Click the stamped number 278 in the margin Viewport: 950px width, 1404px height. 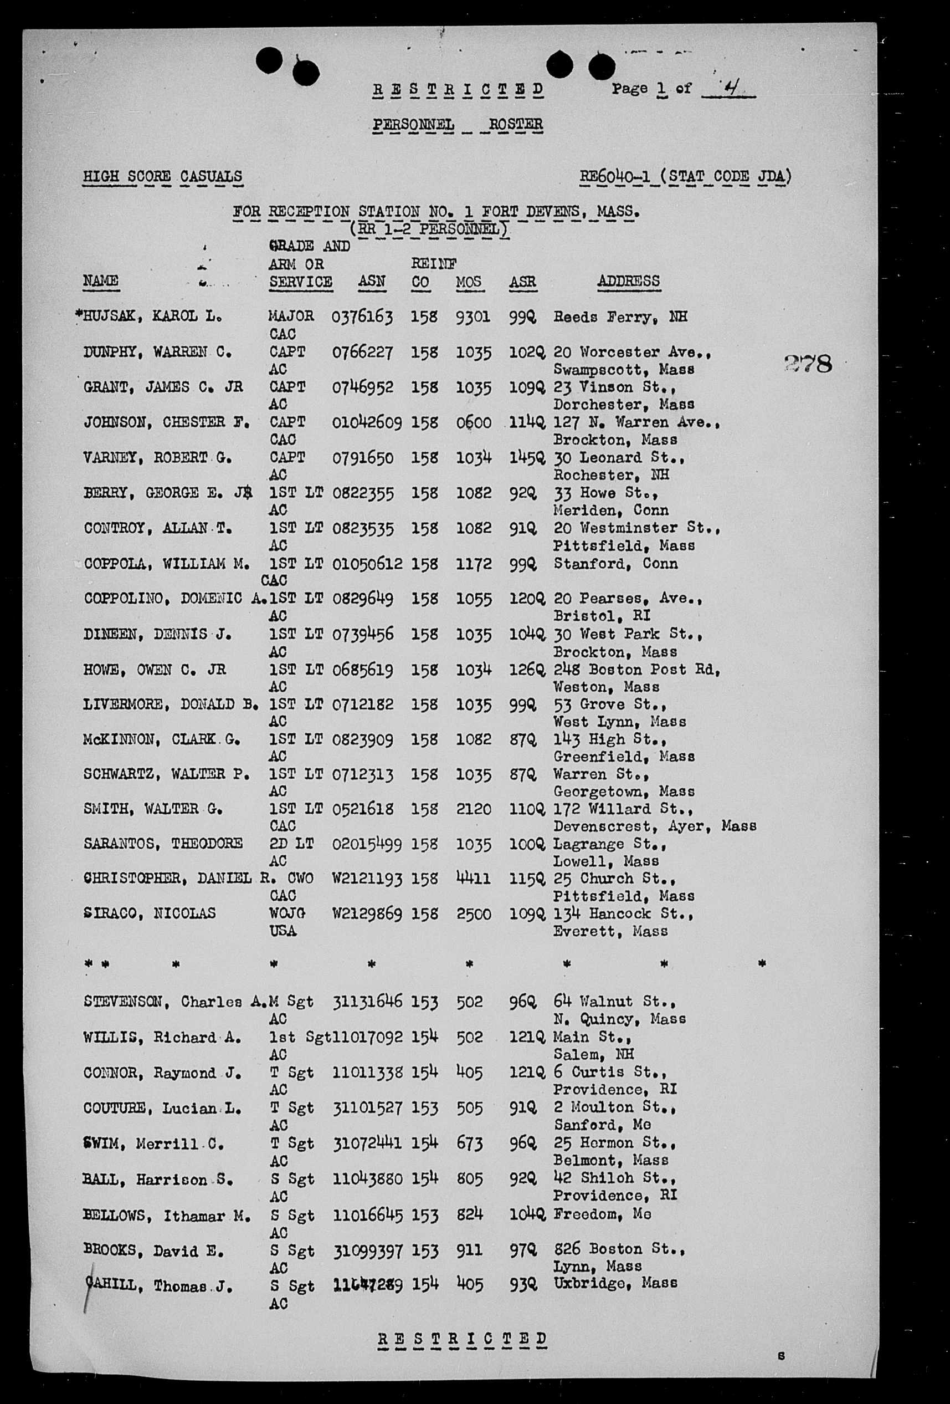(x=808, y=364)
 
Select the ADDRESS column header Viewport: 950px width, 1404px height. (x=628, y=281)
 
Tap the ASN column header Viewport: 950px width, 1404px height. (x=372, y=282)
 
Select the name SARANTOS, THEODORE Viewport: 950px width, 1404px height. (x=163, y=844)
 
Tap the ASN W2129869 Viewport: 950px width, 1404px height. (x=367, y=913)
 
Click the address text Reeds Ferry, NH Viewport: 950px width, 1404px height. (x=620, y=316)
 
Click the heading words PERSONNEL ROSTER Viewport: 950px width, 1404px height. (x=457, y=125)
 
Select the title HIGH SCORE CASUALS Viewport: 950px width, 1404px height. (x=162, y=176)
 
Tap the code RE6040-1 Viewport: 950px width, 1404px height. (x=614, y=176)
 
